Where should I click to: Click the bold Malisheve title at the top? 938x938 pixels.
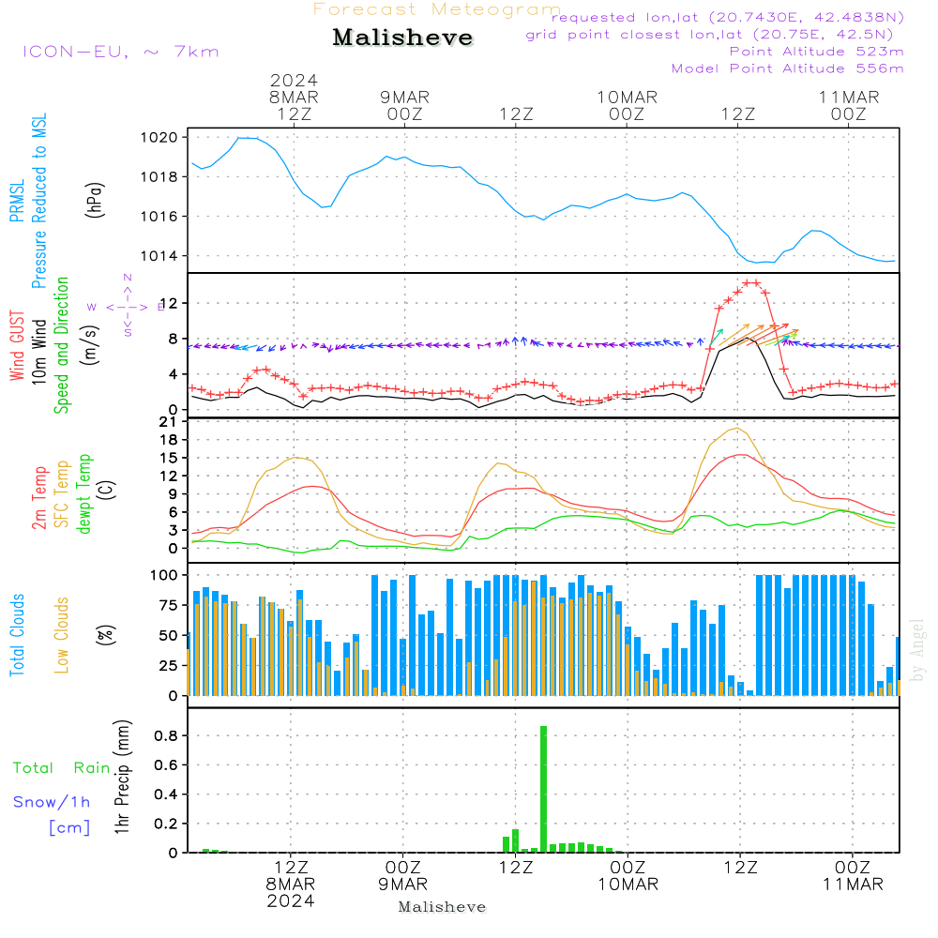click(403, 38)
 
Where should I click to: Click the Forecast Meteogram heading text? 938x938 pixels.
click(437, 9)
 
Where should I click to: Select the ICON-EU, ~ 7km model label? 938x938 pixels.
click(120, 51)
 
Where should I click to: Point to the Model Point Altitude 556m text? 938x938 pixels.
click(787, 68)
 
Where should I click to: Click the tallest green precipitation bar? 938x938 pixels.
click(543, 788)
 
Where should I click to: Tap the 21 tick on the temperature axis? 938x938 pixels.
click(171, 422)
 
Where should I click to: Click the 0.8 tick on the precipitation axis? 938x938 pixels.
click(167, 736)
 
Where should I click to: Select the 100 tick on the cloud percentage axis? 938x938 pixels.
click(165, 574)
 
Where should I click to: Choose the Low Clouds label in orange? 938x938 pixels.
click(63, 634)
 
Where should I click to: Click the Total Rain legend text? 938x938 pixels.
click(62, 767)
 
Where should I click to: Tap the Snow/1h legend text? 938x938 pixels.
click(53, 802)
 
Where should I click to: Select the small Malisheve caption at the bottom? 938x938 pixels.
click(442, 907)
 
